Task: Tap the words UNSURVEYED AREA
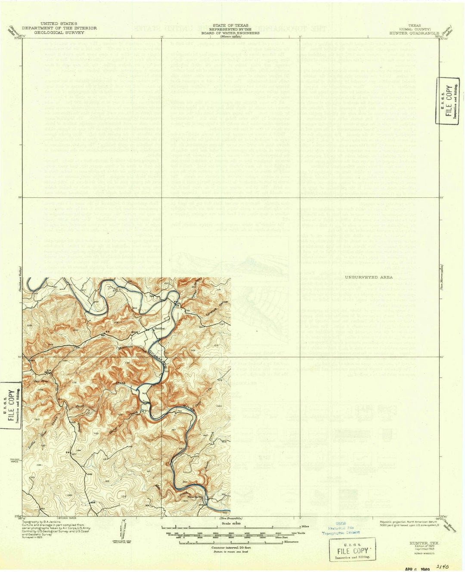point(369,277)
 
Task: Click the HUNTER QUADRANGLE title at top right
point(414,33)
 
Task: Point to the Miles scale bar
point(232,527)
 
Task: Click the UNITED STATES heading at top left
point(59,24)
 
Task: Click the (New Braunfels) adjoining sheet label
point(231,518)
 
